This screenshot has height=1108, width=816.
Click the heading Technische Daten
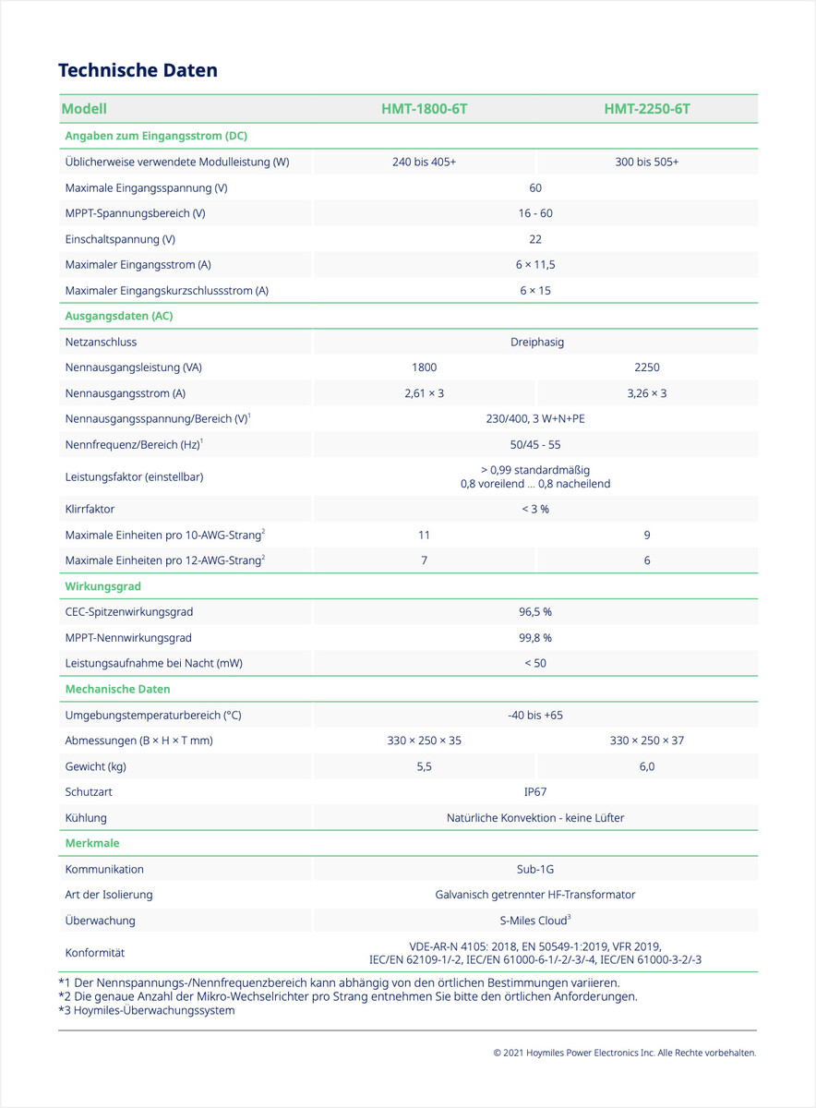[138, 70]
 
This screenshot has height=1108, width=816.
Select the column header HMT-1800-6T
[424, 109]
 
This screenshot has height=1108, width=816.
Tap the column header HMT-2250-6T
[646, 109]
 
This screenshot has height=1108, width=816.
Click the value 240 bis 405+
[424, 162]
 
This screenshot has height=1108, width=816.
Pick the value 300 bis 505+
[646, 162]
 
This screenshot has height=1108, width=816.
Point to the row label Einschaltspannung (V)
[120, 239]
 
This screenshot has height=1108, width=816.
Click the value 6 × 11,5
[535, 265]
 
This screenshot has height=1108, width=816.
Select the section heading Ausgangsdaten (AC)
[119, 316]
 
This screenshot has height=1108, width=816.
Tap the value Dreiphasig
[536, 342]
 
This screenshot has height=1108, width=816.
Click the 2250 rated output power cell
[646, 367]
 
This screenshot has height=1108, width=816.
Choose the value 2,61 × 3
[424, 393]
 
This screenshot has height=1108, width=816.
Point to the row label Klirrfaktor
[90, 509]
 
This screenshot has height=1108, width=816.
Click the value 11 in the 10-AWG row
[424, 535]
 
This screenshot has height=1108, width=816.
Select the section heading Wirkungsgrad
[102, 586]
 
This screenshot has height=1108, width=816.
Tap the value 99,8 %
[535, 637]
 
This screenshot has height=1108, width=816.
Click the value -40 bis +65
[535, 715]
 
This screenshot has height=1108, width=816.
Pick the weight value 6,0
[646, 766]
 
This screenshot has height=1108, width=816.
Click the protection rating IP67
[535, 792]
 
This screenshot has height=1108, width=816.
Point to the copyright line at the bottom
[624, 1053]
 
